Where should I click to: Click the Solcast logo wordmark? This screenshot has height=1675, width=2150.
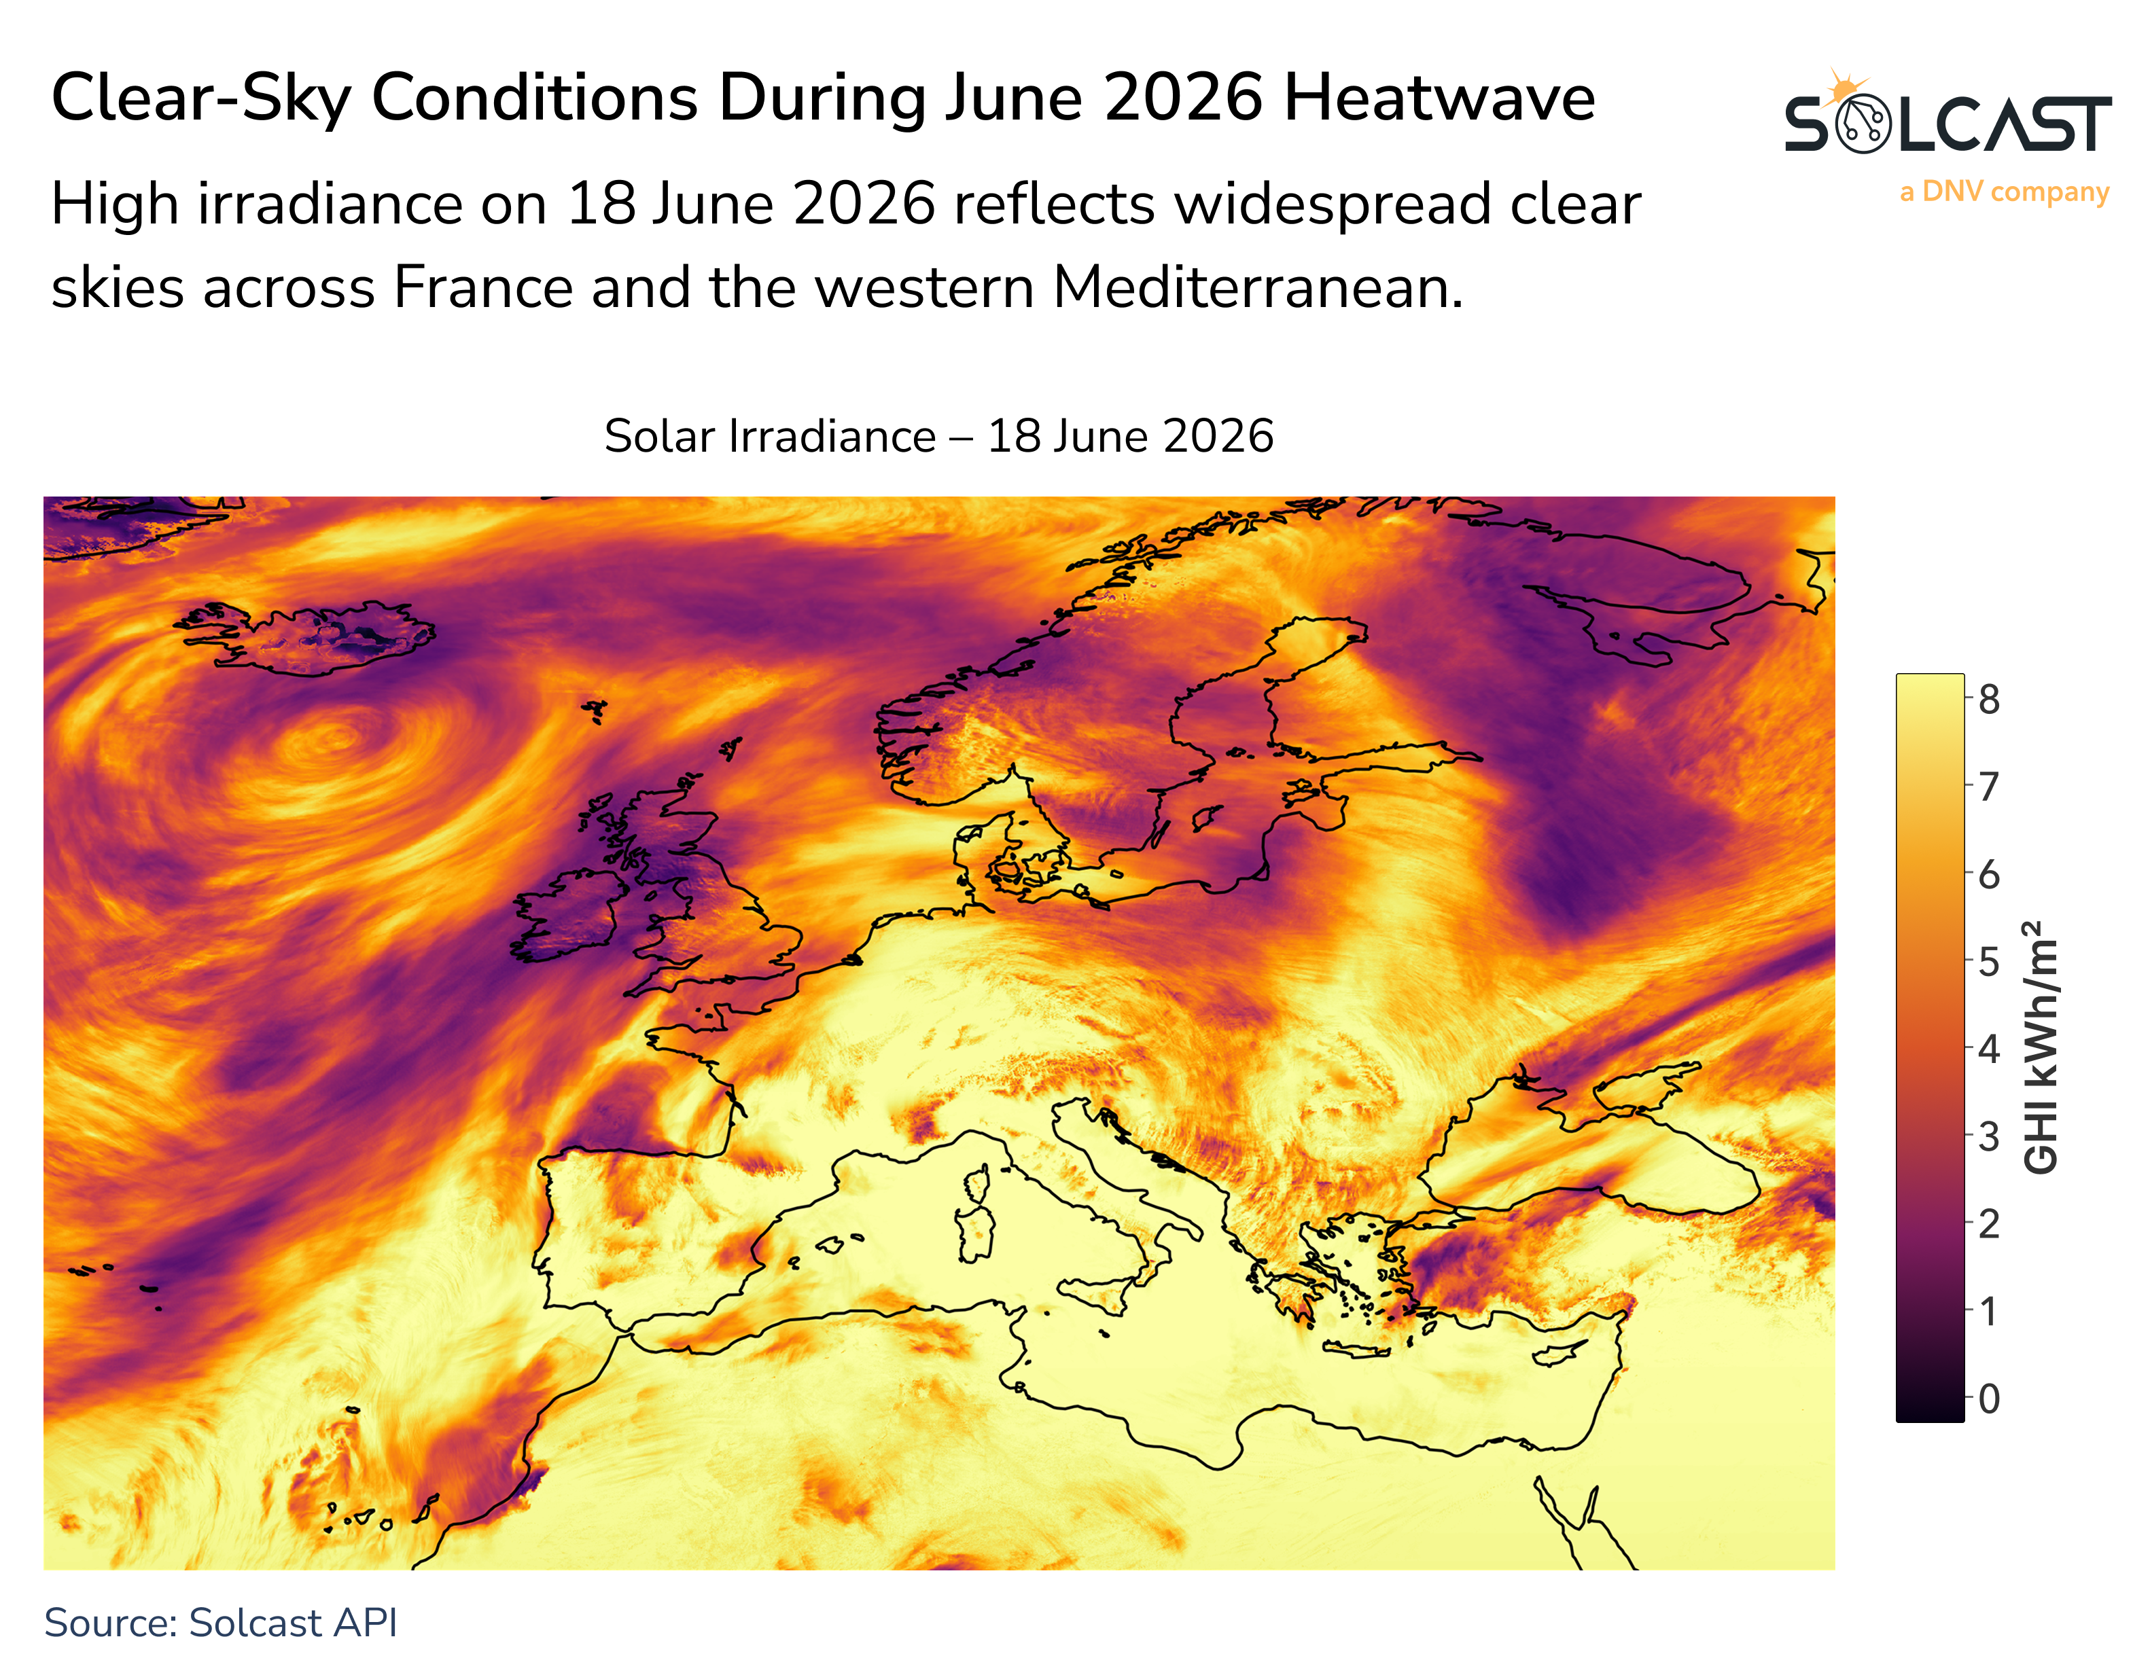pos(1948,124)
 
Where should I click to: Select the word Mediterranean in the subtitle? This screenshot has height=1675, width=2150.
pos(1258,289)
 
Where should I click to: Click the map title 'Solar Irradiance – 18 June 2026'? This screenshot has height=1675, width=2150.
pos(939,436)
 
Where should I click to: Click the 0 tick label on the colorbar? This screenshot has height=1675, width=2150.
pos(1988,1399)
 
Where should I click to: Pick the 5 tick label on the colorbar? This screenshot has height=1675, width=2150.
pos(1988,962)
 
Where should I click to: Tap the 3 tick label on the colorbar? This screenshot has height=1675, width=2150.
pos(1988,1136)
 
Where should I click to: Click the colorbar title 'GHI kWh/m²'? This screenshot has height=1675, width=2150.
pos(2041,1047)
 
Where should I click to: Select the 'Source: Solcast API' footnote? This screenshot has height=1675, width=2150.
pos(221,1623)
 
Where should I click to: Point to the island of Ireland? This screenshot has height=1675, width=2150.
pos(569,916)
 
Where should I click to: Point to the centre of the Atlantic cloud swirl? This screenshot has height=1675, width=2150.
pos(335,736)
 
